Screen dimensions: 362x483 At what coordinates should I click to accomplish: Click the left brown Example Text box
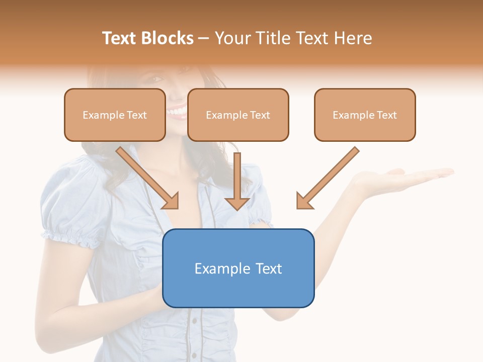[115, 115]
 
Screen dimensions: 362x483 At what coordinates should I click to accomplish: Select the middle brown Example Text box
[238, 115]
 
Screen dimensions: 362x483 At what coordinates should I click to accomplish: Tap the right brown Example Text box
[365, 115]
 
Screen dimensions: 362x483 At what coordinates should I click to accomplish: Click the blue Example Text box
[238, 268]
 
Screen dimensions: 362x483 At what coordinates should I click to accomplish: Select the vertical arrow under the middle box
[237, 181]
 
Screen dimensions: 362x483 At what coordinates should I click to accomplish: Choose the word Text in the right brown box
[386, 115]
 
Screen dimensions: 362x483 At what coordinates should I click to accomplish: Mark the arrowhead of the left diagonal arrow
[172, 201]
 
